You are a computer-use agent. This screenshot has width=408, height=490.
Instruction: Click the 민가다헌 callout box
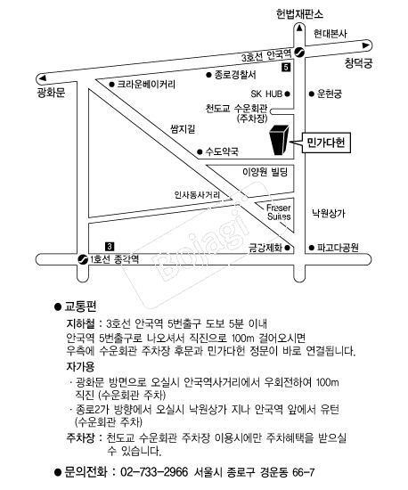coord(326,143)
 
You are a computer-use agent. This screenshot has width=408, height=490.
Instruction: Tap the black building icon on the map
coord(279,140)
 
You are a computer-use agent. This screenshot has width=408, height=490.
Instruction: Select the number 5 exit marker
coord(286,67)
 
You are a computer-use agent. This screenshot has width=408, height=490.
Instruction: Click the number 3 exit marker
coord(110,247)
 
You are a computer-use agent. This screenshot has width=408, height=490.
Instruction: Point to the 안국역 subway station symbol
coord(299,53)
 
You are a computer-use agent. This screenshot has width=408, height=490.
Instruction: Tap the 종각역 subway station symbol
coord(83,259)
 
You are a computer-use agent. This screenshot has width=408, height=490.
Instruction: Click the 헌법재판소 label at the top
coord(299,14)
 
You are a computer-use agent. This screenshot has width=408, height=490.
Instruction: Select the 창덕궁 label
coord(359,63)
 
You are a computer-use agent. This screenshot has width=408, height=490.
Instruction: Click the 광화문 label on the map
coord(51,93)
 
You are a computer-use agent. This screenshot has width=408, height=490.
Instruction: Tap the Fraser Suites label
coord(279,212)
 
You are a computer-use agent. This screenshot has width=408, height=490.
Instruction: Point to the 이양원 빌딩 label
coord(265,172)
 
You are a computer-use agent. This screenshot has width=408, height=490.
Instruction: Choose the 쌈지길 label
coord(184,129)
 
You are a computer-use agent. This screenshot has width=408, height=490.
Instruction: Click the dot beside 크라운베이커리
coord(111,85)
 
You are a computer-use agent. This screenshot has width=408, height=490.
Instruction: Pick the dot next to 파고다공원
coord(311,248)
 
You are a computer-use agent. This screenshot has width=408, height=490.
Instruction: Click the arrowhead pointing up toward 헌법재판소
coord(299,29)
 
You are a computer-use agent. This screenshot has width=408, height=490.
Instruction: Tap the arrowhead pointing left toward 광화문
coord(42,78)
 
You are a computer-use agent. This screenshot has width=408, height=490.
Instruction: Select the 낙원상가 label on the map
coord(329,214)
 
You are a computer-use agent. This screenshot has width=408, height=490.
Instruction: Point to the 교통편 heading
coord(80,306)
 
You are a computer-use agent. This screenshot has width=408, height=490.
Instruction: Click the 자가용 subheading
coord(80,366)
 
